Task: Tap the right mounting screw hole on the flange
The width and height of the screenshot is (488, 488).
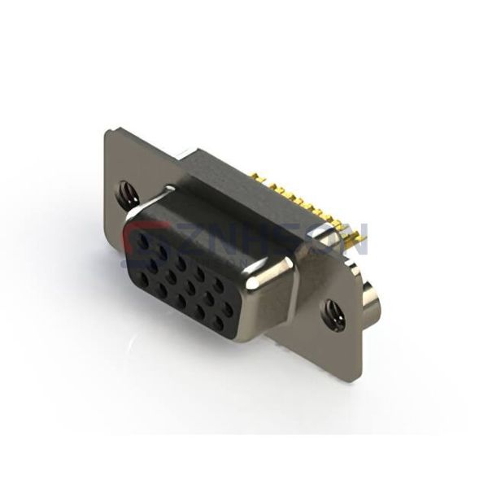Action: pos(333,313)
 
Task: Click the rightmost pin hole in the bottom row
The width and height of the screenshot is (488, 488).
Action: pos(217,323)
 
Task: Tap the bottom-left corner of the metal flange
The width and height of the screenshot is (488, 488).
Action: pos(105,218)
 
